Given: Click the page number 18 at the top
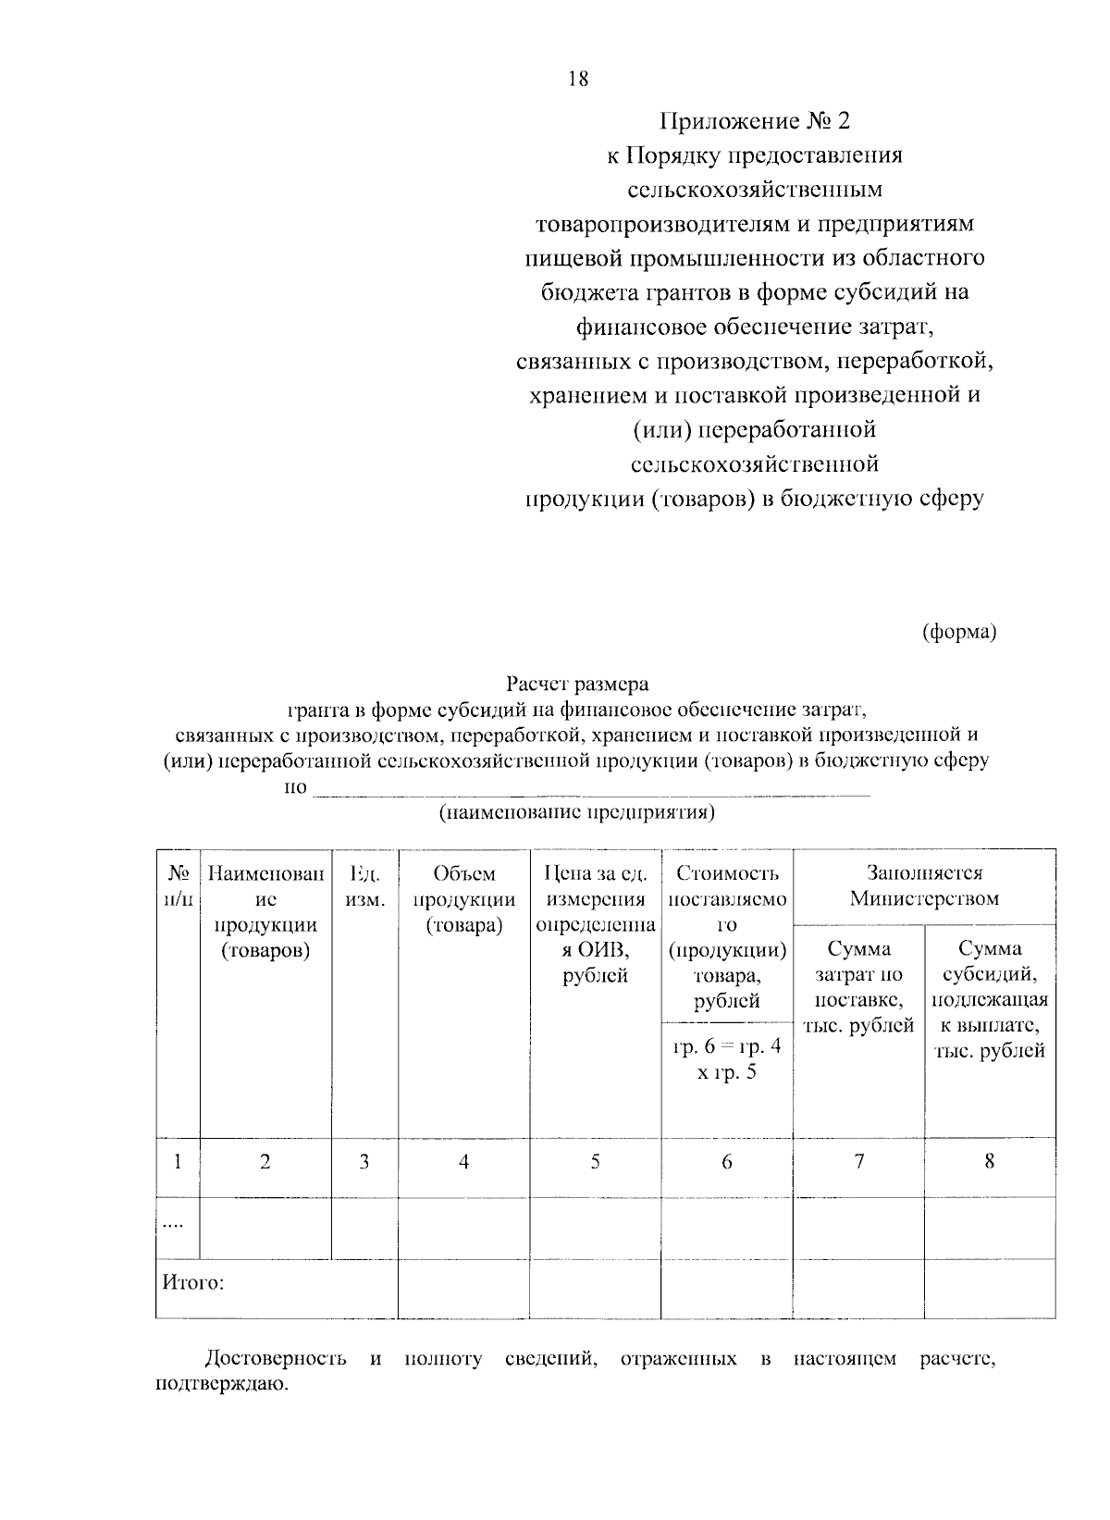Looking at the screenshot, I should tap(577, 80).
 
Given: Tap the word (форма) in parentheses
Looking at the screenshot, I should tap(958, 632).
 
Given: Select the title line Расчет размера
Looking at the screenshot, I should tap(577, 686).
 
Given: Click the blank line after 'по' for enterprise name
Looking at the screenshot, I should tap(592, 789).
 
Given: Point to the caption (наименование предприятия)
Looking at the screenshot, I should tap(577, 812).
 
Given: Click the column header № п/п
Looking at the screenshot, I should tap(178, 885).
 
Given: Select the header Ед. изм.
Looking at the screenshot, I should tap(364, 885).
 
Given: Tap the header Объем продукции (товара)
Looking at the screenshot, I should tap(463, 898).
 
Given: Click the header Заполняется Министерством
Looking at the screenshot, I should tap(924, 885).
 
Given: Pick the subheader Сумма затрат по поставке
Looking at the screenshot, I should tap(858, 987).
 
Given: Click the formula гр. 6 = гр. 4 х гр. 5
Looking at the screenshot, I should tap(726, 1059).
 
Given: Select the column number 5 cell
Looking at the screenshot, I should tap(595, 1162).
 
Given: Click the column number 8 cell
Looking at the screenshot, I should tap(989, 1162).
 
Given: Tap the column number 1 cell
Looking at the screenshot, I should tap(178, 1162).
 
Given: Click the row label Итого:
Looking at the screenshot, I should tap(193, 1284).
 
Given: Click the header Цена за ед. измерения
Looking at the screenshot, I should tap(595, 885).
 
